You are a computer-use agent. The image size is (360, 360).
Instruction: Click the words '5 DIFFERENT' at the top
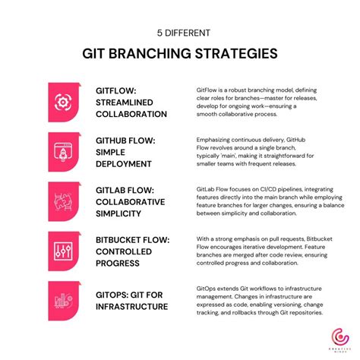point(179,33)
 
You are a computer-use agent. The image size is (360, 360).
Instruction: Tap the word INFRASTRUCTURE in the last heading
point(132,306)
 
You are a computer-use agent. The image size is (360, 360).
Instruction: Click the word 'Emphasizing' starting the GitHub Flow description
point(217,141)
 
